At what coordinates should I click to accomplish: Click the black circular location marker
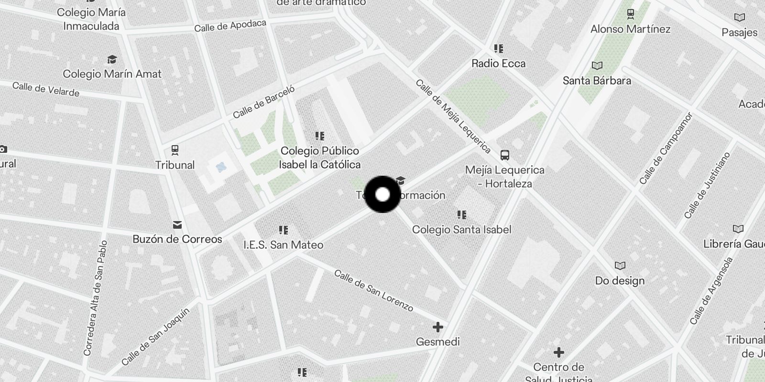(x=382, y=194)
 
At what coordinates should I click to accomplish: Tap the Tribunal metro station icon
(x=175, y=150)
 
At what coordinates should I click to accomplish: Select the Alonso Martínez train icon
(x=630, y=14)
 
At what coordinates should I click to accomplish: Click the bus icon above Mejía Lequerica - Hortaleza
(x=504, y=155)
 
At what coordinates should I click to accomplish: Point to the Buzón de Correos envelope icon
(x=177, y=224)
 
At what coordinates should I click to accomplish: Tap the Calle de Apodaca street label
(x=230, y=26)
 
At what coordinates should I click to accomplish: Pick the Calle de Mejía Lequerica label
(x=453, y=116)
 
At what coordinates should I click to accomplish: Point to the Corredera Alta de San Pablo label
(x=95, y=298)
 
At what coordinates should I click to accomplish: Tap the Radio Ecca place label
(x=498, y=64)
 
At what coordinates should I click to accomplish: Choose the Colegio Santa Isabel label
(x=461, y=230)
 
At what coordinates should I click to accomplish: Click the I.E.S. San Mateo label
(x=284, y=245)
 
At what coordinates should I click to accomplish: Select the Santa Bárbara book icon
(x=597, y=65)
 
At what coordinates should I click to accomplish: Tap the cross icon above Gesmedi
(x=437, y=327)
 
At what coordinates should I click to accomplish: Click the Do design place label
(x=620, y=281)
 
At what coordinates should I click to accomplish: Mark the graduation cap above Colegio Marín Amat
(x=112, y=59)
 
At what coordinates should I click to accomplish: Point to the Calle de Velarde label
(x=46, y=89)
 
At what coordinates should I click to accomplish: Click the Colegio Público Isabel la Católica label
(x=320, y=158)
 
